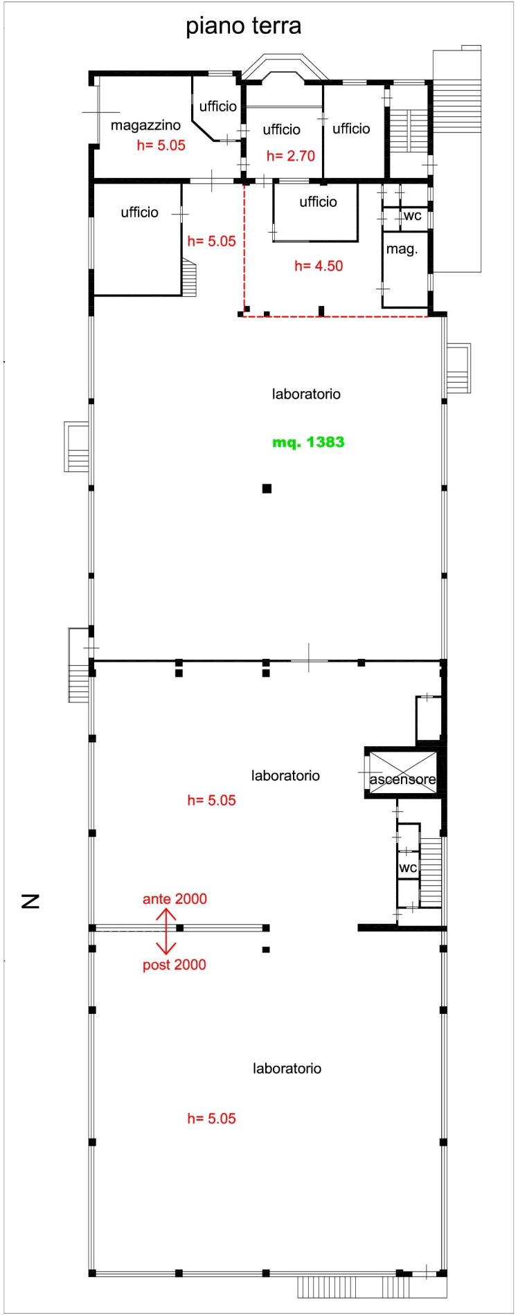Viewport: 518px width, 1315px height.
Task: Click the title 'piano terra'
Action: coord(243,27)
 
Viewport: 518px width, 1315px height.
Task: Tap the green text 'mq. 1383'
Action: coord(308,442)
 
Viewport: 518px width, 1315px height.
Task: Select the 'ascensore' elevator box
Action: coord(402,772)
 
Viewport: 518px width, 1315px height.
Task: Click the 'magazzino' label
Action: coord(145,126)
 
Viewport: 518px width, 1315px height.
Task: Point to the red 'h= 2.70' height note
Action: coord(291,156)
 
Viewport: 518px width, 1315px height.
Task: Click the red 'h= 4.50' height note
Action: coord(319,265)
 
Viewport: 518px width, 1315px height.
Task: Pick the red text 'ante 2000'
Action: coord(175,899)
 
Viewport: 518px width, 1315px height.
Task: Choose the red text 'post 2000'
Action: coord(175,965)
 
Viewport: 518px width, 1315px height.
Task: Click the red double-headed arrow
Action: coord(166,931)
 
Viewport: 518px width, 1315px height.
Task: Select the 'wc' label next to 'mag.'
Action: coord(412,215)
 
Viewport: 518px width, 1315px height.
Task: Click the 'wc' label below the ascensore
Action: coord(407,868)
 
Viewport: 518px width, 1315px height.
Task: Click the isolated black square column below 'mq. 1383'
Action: coord(267,489)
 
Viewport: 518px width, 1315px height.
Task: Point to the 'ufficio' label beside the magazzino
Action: coord(218,107)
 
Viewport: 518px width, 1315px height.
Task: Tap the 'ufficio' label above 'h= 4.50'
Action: coord(318,201)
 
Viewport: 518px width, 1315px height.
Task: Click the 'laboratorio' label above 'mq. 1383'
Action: coord(306,394)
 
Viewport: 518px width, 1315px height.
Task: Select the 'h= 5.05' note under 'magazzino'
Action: coord(161,146)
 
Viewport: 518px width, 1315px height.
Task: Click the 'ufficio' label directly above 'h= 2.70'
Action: coord(282,129)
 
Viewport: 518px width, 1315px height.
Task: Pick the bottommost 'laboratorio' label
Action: coord(287,1068)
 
